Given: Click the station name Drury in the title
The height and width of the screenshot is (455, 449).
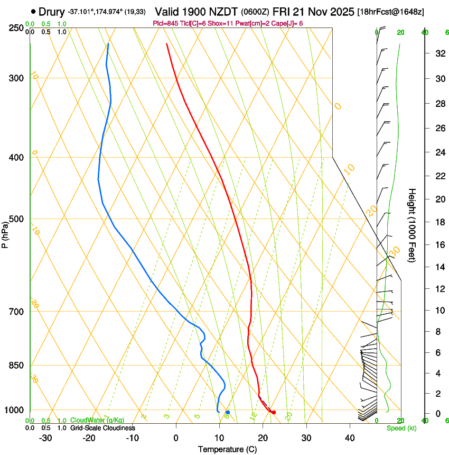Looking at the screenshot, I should coord(51,12).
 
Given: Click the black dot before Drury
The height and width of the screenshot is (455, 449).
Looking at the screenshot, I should coord(34,11).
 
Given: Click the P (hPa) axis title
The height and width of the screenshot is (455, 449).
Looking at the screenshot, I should coord(5,233).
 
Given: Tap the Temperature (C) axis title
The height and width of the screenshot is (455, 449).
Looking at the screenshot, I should coord(227,449).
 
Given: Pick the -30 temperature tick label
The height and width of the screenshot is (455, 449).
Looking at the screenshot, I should coord(45,438).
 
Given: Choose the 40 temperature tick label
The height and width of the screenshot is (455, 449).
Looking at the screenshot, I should coord(350,438).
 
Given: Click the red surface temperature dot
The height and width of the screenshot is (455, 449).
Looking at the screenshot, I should coord(274,412).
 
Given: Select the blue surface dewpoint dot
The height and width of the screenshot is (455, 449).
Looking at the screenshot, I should coord(228,412).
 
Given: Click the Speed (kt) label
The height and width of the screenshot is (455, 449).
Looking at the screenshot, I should coord(401,428).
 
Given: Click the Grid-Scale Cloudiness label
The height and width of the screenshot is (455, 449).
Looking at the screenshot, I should coord(102,428).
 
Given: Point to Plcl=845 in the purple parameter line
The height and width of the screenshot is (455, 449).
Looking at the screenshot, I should coord(165,23).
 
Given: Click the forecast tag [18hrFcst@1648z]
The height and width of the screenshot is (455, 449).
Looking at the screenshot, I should coord(391,12).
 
